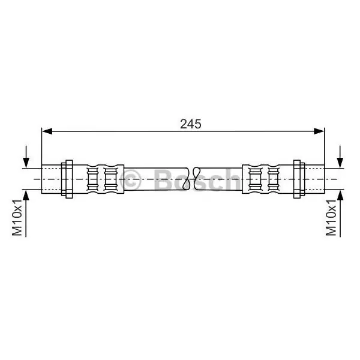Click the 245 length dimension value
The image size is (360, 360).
(191, 124)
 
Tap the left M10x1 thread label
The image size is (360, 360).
(17, 218)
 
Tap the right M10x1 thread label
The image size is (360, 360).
(331, 218)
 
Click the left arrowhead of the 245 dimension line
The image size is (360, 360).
(47, 131)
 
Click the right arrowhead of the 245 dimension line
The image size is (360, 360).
(319, 131)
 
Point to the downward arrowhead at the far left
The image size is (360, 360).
(26, 163)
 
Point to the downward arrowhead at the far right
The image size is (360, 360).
(340, 163)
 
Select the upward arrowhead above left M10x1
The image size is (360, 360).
(26, 196)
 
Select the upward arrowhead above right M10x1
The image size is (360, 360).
(340, 196)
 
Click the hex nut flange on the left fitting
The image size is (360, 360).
(69, 179)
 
